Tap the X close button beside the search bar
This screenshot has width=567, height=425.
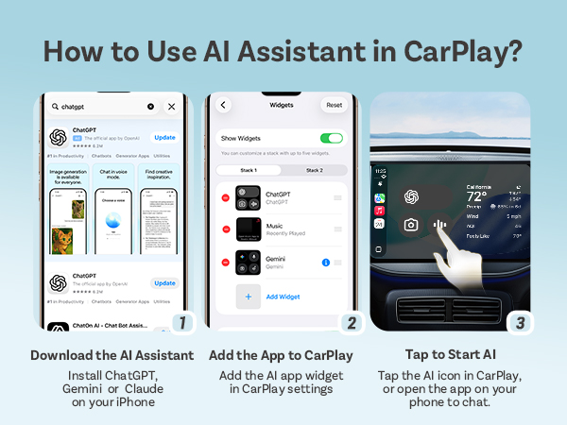(171, 107)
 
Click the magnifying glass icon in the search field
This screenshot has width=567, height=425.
(57, 107)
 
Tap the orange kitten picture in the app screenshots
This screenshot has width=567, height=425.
(62, 240)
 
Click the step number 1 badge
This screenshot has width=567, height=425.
(183, 322)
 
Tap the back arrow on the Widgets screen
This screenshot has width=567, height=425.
(224, 105)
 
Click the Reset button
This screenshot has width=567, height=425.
(334, 105)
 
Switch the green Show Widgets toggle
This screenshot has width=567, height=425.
(332, 138)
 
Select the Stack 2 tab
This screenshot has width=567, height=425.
(314, 170)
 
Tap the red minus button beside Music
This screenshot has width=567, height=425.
(225, 229)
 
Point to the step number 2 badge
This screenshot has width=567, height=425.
(352, 322)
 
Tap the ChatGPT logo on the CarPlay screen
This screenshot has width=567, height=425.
(411, 195)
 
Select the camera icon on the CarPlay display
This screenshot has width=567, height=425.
(411, 225)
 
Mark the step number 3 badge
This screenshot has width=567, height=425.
(520, 322)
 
